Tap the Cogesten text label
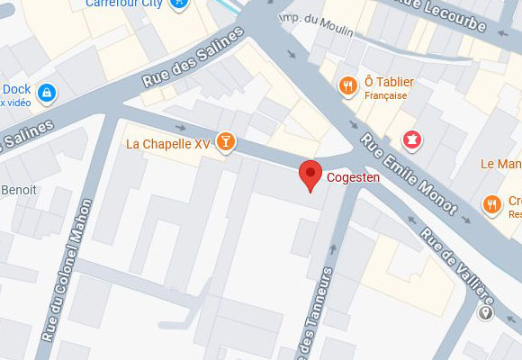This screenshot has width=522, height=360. (353, 177)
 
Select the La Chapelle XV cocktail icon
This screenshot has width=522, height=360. (226, 142)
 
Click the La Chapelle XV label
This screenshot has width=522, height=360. (167, 143)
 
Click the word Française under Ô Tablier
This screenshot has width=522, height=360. (386, 95)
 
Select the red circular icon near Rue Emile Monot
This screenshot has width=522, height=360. (412, 139)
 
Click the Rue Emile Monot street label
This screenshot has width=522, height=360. (409, 175)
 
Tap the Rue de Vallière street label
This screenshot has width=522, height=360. (457, 268)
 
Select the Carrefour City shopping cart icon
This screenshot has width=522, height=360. (182, 4)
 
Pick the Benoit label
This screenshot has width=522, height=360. (17, 190)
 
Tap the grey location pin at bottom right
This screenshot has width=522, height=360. (487, 313)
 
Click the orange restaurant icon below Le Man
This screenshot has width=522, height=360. (491, 204)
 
